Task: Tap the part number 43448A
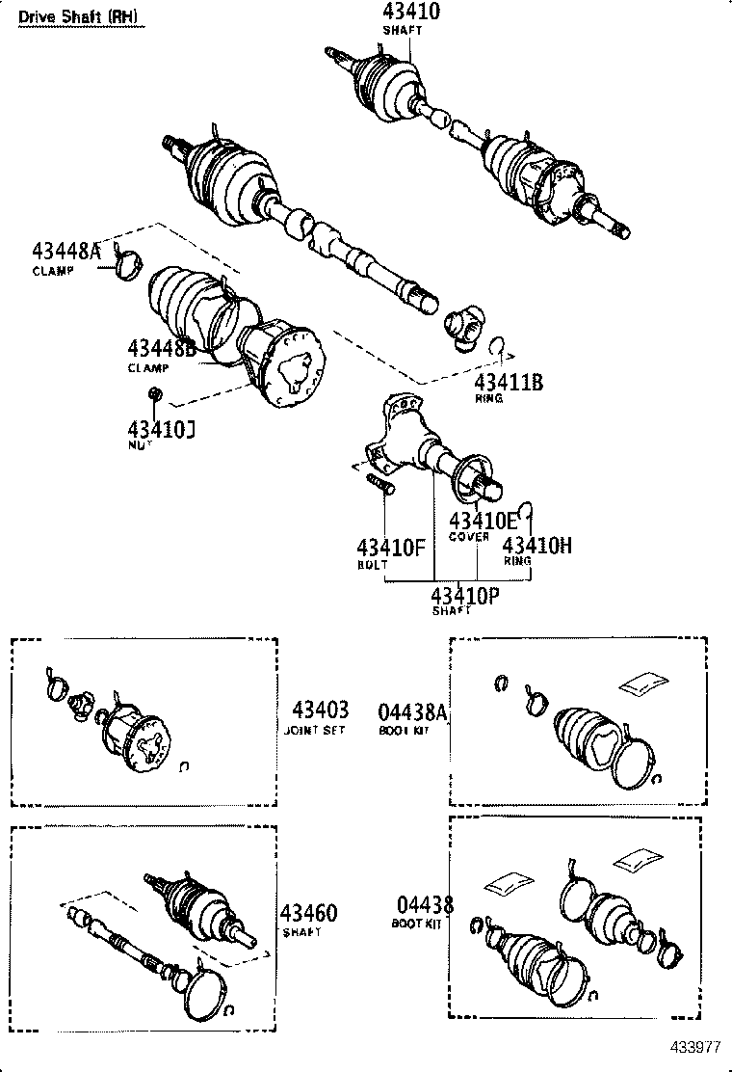pyautogui.click(x=65, y=252)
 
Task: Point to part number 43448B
pyautogui.click(x=162, y=349)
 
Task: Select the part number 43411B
pyautogui.click(x=509, y=382)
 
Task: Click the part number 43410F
pyautogui.click(x=391, y=548)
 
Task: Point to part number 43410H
pyautogui.click(x=537, y=545)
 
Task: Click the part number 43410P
pyautogui.click(x=464, y=594)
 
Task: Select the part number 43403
pyautogui.click(x=320, y=710)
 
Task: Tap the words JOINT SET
pyautogui.click(x=315, y=730)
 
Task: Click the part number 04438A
pyautogui.click(x=412, y=711)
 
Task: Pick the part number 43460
pyautogui.click(x=308, y=913)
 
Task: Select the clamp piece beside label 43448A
pyautogui.click(x=126, y=261)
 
